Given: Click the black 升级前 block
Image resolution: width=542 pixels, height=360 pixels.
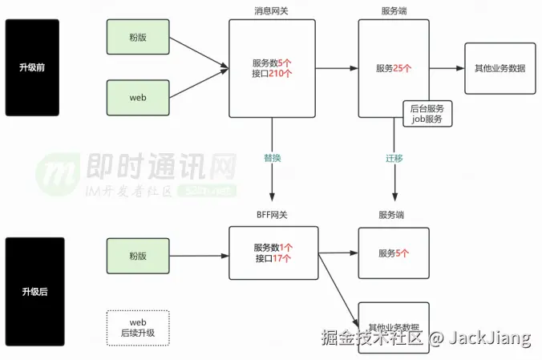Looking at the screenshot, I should (x=32, y=67).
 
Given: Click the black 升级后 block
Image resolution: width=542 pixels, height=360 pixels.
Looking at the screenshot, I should (x=32, y=291).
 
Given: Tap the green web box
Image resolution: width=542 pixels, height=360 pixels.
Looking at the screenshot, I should (x=138, y=97).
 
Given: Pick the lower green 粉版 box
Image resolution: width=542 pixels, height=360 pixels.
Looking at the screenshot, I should (x=138, y=256).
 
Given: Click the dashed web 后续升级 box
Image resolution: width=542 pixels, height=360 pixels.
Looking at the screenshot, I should (x=138, y=327).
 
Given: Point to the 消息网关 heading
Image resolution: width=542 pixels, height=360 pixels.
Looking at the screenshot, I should (x=273, y=10).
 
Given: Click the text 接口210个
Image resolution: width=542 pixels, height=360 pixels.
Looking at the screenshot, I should (x=273, y=74).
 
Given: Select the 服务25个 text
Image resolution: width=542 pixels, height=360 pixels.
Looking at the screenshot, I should (x=393, y=68).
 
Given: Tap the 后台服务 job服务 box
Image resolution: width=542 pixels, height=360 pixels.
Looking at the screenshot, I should (x=427, y=114).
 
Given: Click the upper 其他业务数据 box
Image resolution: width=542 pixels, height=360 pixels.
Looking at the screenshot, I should (x=500, y=68).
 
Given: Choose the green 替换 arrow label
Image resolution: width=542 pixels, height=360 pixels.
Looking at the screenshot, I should (x=273, y=158).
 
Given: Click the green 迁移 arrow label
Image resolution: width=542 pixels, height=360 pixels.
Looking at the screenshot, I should (x=394, y=158).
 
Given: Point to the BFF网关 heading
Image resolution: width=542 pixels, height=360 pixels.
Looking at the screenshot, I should (x=273, y=215).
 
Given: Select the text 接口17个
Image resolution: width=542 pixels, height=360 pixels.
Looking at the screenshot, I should (x=273, y=259).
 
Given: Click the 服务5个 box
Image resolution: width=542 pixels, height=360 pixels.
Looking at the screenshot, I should (x=393, y=253).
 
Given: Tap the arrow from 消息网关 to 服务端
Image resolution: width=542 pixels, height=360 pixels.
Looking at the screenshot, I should (x=337, y=68).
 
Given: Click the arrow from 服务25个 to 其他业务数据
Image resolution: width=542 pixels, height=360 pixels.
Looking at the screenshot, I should (x=447, y=68).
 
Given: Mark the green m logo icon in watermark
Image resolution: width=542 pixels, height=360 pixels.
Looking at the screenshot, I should (x=57, y=173).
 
